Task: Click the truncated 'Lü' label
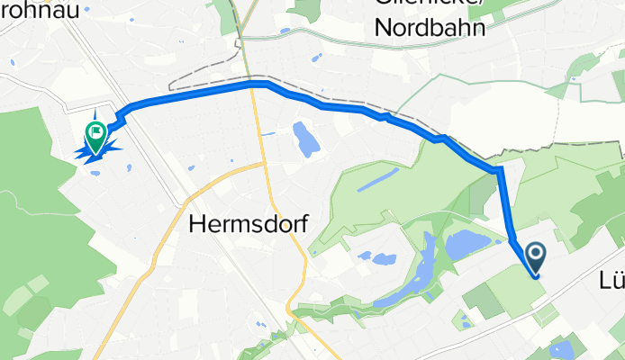coord(611,281)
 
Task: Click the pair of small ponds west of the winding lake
coord(376,259)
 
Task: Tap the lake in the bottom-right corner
coord(563,351)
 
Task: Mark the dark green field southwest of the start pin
coord(484,301)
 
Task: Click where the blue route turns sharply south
coord(498,170)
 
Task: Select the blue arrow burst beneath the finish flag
coord(94,154)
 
